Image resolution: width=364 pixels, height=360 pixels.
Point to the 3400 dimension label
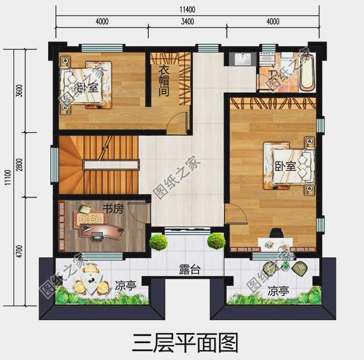187,22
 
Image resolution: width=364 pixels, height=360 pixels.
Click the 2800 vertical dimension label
20,165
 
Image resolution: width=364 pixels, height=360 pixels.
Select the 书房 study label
113,209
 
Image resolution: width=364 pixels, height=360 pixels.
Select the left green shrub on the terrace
158,242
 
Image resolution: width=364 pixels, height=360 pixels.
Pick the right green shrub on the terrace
216,241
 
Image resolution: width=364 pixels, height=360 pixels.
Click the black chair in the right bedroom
276,233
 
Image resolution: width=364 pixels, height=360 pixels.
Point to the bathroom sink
244,58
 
